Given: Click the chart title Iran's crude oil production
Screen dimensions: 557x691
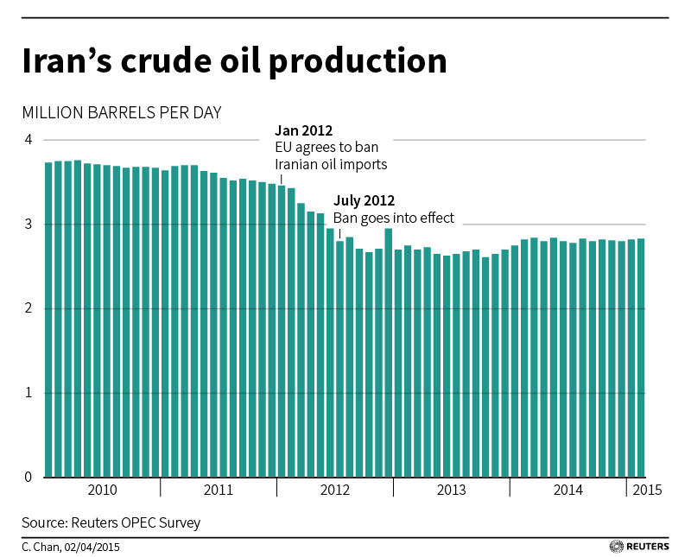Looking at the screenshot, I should (x=234, y=62).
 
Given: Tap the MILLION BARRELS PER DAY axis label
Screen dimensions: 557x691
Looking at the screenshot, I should (x=122, y=113).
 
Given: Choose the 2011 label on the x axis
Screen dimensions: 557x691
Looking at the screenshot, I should (x=219, y=491).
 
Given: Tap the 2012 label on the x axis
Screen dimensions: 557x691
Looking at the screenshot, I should (x=335, y=491).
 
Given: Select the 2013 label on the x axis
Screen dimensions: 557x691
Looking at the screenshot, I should (x=452, y=491).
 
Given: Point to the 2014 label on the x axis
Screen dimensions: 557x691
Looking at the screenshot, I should (x=567, y=491).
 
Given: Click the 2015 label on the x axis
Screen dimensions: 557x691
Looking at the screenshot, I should (x=648, y=491).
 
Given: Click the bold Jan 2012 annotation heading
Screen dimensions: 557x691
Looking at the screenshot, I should (x=303, y=131).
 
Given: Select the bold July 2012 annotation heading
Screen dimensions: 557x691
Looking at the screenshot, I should (x=365, y=202).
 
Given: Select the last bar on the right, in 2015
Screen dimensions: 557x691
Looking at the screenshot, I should (x=640, y=358).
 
